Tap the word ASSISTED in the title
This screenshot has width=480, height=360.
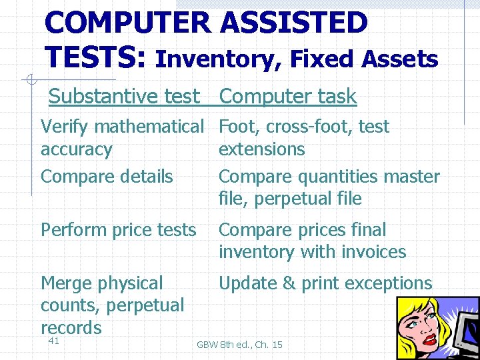click(x=293, y=23)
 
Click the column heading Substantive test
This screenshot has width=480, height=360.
click(x=124, y=97)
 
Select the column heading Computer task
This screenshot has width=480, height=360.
click(x=288, y=97)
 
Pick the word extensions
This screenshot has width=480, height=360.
click(x=261, y=149)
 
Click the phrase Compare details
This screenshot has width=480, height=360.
click(x=107, y=177)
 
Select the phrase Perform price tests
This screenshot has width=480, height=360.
click(x=119, y=230)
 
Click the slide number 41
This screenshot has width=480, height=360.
click(x=54, y=341)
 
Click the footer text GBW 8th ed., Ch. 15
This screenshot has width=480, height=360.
click(x=239, y=345)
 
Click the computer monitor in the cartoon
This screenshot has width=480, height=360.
click(x=467, y=333)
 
